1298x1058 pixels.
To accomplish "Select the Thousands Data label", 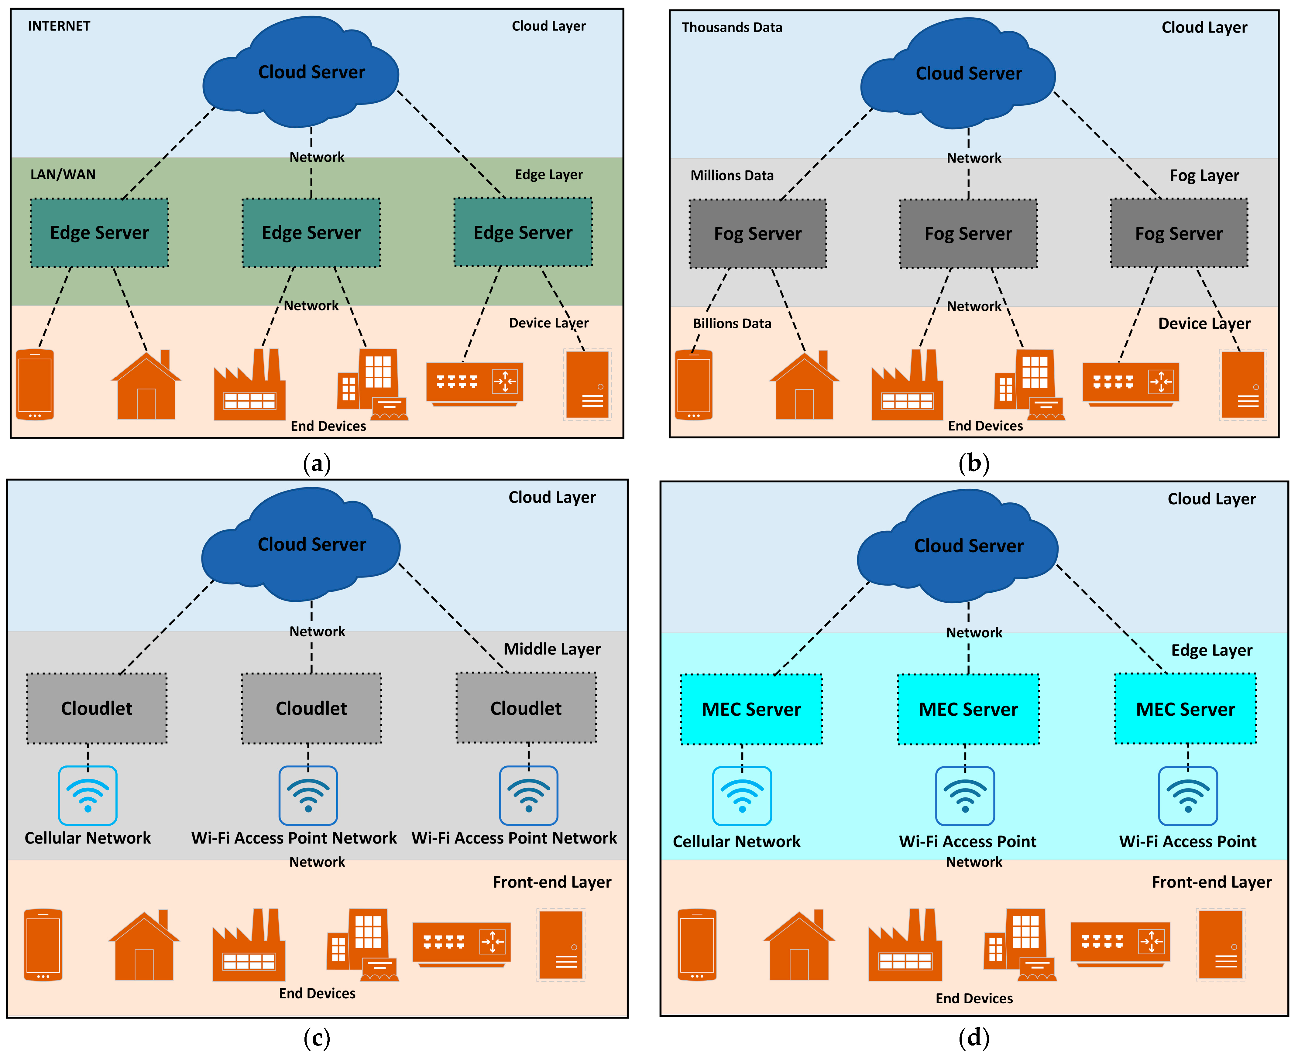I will point(732,27).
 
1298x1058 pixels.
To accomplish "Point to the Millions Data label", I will point(732,176).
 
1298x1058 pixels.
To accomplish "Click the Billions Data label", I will point(732,324).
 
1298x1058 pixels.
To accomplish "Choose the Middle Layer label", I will point(552,649).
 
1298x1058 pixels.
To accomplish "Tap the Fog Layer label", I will point(1204,176).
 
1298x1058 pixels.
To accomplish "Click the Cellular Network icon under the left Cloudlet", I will point(88,795).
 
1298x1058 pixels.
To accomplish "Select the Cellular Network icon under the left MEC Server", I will point(742,796).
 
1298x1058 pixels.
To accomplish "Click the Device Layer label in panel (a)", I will point(549,323).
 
